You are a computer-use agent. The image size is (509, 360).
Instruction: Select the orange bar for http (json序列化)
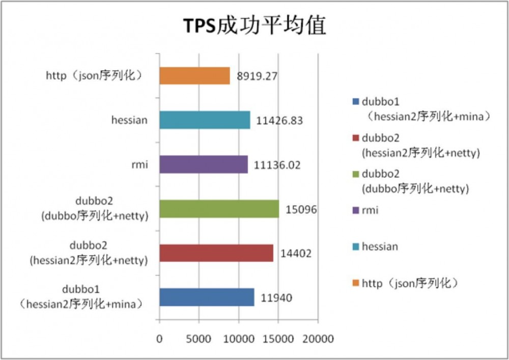(x=194, y=76)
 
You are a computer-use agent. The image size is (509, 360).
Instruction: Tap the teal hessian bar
(x=205, y=120)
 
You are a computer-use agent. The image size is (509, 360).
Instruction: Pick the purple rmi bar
(x=204, y=164)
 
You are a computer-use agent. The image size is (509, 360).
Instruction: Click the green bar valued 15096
(x=219, y=209)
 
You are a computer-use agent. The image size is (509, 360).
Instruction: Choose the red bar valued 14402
(x=216, y=253)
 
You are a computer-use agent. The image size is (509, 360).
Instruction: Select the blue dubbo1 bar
(x=207, y=297)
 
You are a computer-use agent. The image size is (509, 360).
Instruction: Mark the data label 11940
(x=276, y=298)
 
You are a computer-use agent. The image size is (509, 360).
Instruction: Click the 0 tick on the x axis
(x=159, y=339)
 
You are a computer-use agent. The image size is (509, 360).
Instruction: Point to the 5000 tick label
(x=199, y=339)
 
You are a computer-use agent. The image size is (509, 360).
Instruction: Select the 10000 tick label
(x=239, y=339)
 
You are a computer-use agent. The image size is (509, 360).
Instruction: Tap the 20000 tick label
(x=318, y=339)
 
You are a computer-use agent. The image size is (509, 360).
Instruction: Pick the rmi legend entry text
(x=370, y=210)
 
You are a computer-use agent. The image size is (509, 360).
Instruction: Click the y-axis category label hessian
(x=129, y=121)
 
